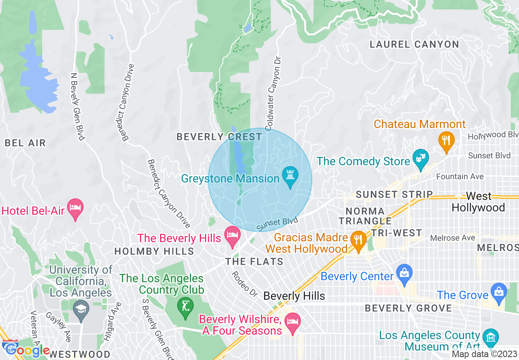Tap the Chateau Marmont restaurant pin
(x=446, y=140)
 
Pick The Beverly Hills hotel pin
(x=233, y=236)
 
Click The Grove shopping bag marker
(x=499, y=292)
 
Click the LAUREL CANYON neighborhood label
(x=414, y=44)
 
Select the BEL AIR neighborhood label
(x=25, y=143)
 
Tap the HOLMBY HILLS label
(x=154, y=251)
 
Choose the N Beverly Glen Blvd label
(x=77, y=107)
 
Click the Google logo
(x=27, y=350)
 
